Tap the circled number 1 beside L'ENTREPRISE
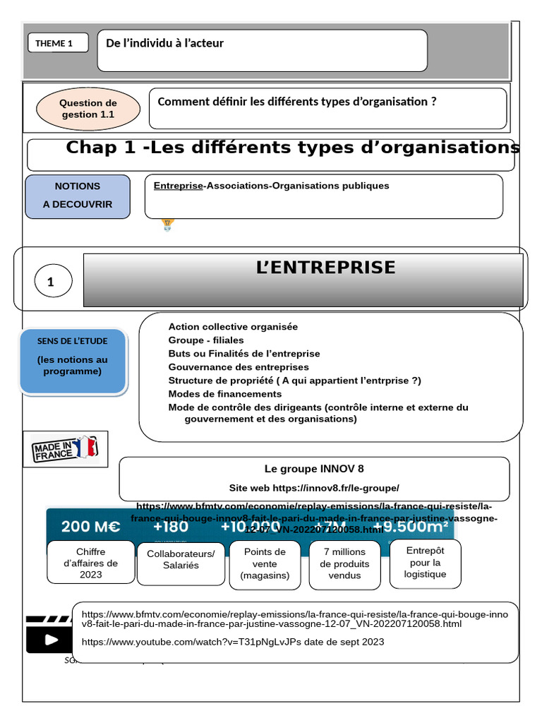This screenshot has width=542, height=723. (52, 282)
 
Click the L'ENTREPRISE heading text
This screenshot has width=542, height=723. (325, 268)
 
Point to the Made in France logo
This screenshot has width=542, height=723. (65, 449)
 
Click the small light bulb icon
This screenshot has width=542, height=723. (167, 225)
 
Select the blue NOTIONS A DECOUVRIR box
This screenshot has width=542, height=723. (78, 196)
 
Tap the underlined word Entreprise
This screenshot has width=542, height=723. (178, 186)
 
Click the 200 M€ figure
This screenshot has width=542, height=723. (90, 527)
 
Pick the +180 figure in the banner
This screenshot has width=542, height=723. (170, 527)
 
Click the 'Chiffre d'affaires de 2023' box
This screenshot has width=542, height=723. (90, 563)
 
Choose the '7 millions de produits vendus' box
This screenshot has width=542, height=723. (344, 563)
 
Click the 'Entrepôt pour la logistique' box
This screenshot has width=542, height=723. (425, 562)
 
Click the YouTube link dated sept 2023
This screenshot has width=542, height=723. (233, 642)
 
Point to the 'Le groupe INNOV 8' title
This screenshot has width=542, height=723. (314, 469)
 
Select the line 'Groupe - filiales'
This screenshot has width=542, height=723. (205, 340)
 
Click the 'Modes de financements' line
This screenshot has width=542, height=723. (224, 394)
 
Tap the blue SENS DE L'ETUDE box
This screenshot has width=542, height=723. (73, 361)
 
